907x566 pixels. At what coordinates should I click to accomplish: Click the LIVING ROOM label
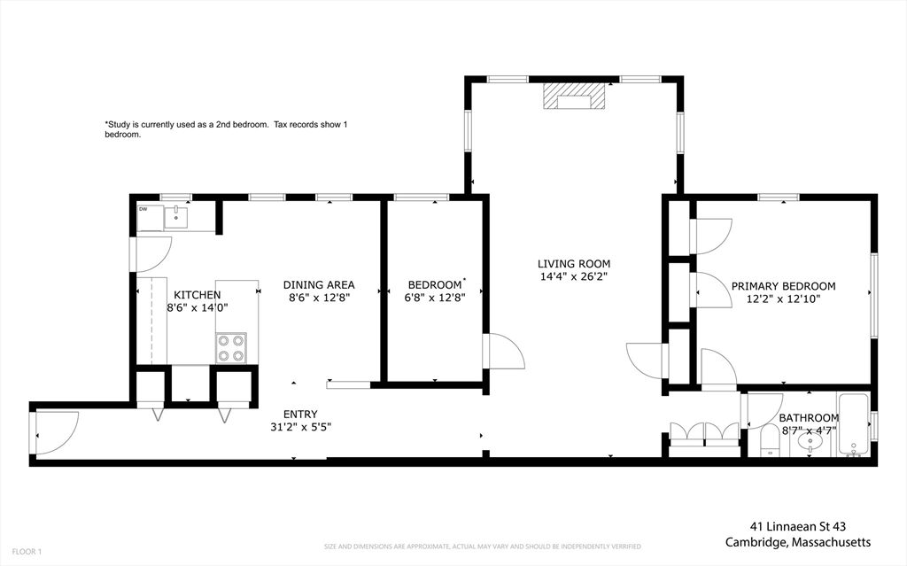coord(574,264)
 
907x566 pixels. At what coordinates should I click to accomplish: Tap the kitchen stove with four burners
coord(231,348)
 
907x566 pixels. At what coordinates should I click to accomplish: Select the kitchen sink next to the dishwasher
coord(176,218)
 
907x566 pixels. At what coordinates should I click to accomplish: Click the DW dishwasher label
coord(143,210)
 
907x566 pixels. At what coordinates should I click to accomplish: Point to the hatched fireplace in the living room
coord(574,96)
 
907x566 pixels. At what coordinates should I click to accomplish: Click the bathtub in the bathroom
coord(853,425)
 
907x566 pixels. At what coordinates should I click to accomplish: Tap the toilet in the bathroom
coord(770,441)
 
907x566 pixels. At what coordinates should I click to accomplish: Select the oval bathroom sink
coord(810,443)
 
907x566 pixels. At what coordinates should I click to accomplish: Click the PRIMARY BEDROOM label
coord(783,286)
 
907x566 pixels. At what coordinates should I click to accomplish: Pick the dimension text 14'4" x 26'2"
coord(574,276)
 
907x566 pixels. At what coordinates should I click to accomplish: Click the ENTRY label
coord(300,415)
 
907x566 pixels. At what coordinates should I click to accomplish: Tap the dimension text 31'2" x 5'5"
coord(300,427)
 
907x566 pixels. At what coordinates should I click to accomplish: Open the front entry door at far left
coord(57,433)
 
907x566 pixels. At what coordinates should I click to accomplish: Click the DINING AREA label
coord(319,284)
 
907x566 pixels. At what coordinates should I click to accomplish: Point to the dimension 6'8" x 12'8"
coord(435,298)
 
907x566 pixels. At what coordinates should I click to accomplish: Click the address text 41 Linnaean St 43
coord(798,527)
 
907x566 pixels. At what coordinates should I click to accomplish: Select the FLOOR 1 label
coord(27,552)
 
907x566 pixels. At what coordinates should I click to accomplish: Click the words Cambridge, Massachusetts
coord(798,542)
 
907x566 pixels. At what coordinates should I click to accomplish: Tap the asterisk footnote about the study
coord(226,129)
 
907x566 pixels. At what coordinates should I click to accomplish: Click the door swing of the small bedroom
coord(504,352)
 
